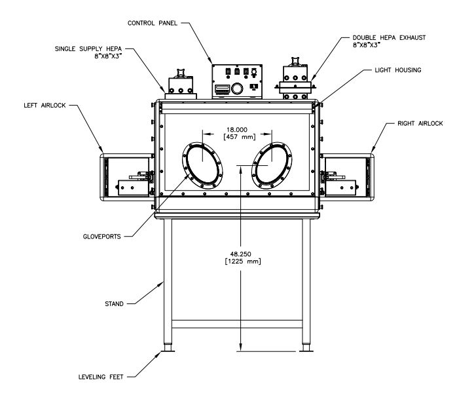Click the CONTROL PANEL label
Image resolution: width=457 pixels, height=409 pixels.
click(153, 23)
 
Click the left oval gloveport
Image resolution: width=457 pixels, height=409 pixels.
click(202, 164)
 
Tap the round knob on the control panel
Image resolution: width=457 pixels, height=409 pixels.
click(238, 88)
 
